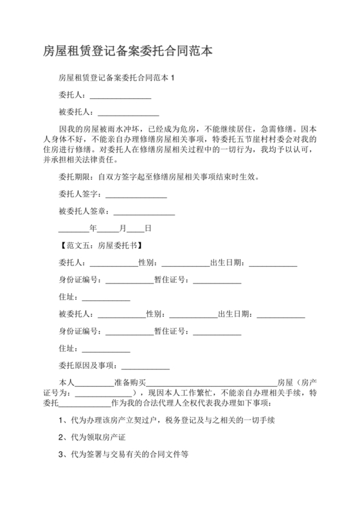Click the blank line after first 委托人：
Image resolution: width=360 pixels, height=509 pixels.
coord(120,95)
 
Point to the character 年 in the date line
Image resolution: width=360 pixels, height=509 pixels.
coord(93,228)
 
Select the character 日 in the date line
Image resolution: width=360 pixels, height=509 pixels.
coord(148,228)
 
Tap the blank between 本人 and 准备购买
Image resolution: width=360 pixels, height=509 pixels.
coord(94,382)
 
